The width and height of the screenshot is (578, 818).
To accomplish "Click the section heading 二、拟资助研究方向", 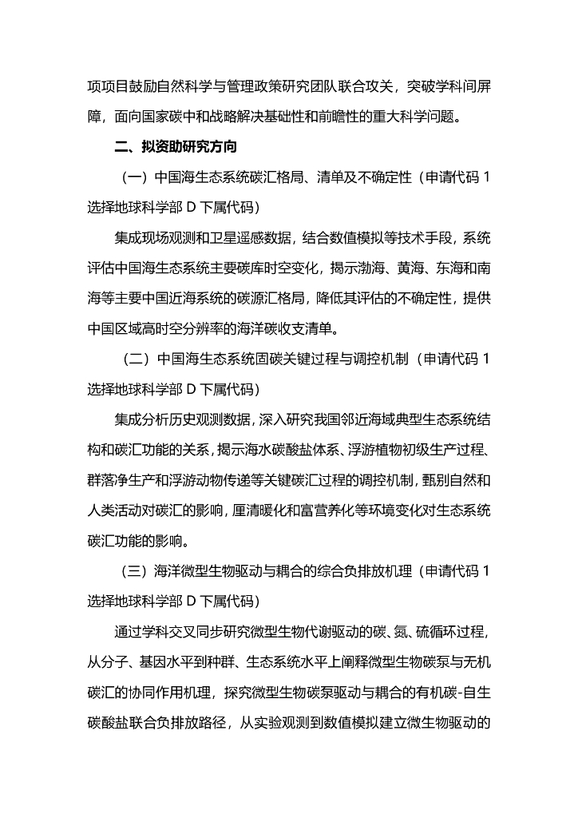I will (x=174, y=148).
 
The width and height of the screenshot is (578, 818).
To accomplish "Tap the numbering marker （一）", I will (x=132, y=177).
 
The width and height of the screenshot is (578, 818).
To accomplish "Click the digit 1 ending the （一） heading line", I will (x=486, y=177).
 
